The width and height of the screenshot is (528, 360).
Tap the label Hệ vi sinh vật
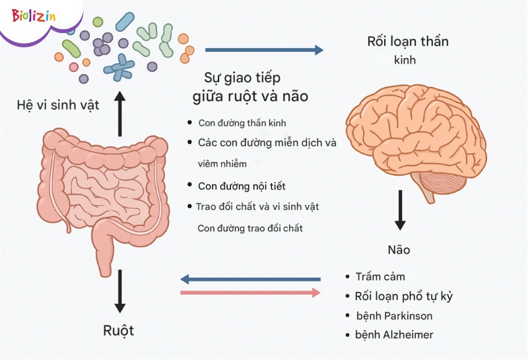point(57,104)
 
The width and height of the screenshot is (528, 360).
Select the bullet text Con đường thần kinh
point(242,123)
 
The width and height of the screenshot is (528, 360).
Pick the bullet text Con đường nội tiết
point(242,186)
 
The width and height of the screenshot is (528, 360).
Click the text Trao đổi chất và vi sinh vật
point(257,207)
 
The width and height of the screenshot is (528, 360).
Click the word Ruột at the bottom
point(119,330)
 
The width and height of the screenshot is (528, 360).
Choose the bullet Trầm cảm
point(380,276)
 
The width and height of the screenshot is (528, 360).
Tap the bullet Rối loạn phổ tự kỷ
point(404,296)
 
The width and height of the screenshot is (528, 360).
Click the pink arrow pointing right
point(250,292)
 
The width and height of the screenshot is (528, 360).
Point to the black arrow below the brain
point(400,210)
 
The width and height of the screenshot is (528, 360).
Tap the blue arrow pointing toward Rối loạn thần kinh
point(264,50)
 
